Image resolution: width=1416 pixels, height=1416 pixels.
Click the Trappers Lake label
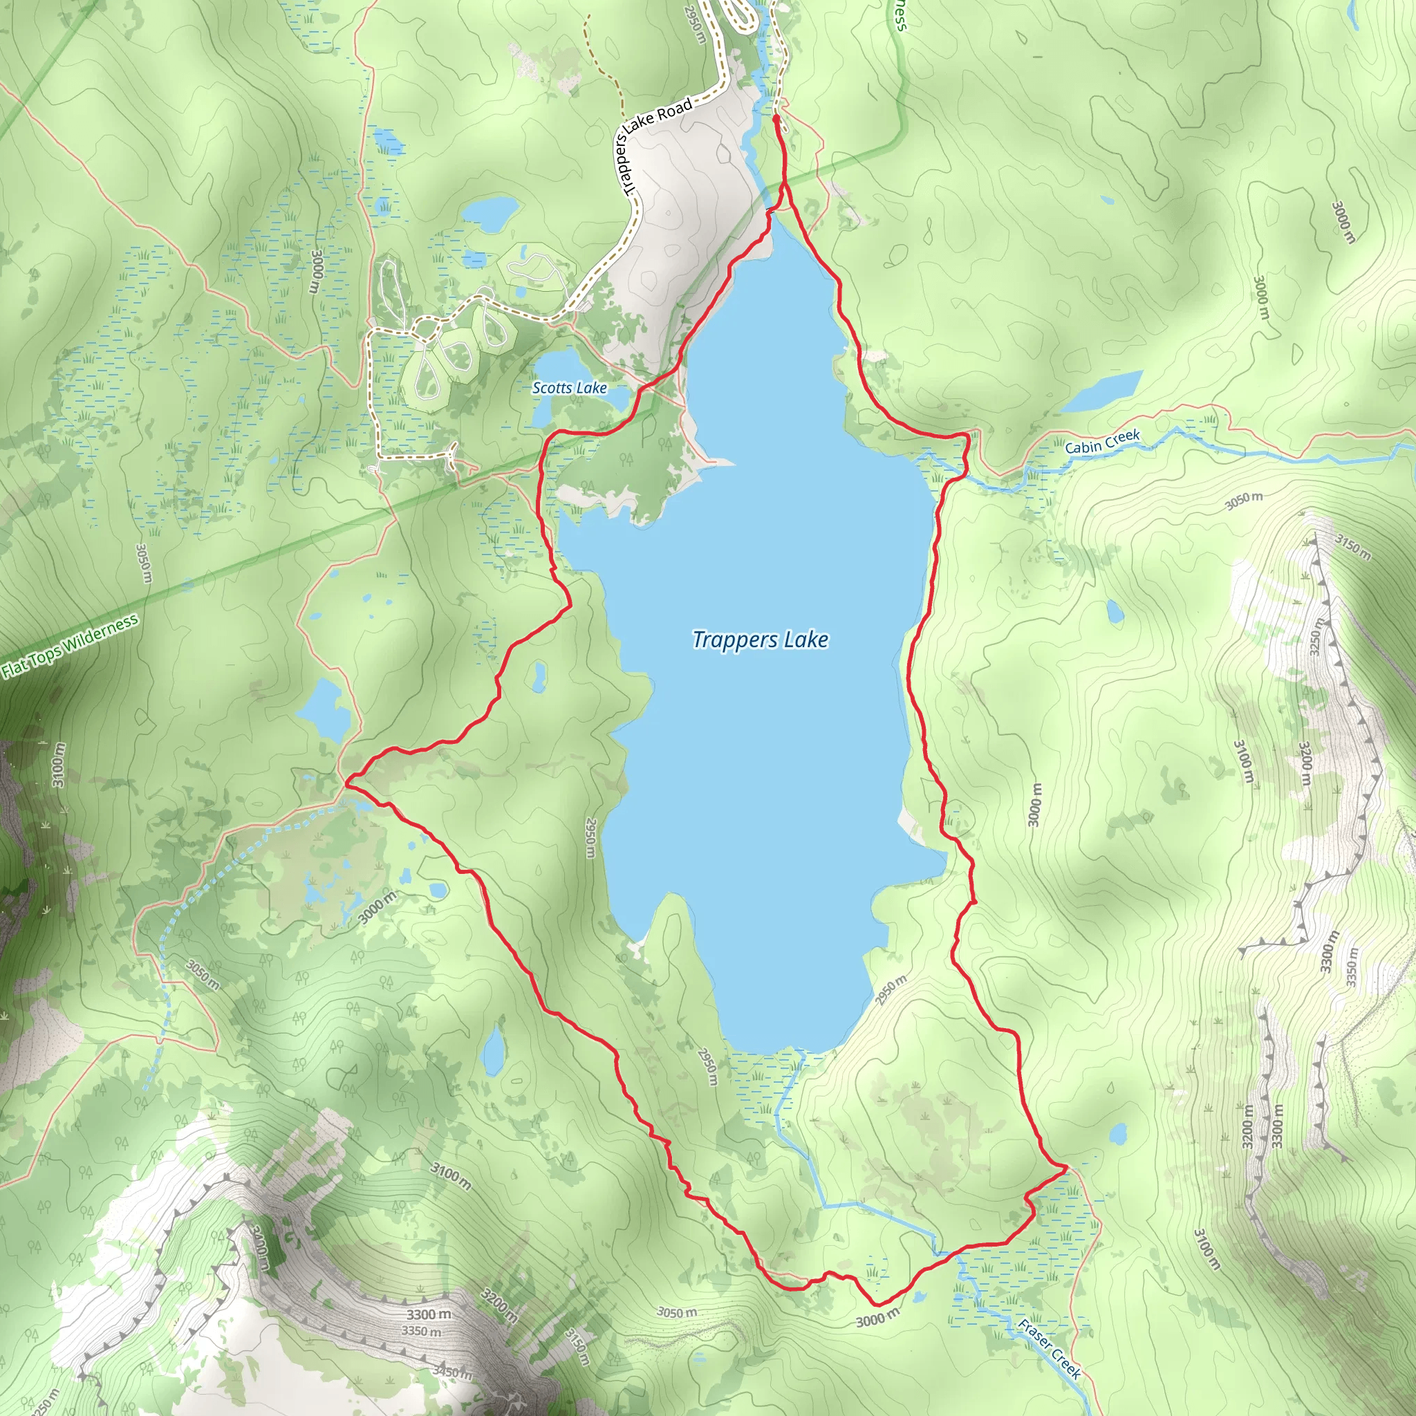pos(760,640)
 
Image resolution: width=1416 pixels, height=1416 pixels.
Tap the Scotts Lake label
pos(570,388)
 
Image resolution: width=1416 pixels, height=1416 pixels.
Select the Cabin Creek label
pos(1102,442)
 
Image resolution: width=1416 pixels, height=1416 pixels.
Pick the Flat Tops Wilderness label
pos(70,646)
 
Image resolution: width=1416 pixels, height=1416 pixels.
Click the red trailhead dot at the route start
pos(776,117)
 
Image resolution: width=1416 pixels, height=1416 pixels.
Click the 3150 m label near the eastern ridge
pos(1352,546)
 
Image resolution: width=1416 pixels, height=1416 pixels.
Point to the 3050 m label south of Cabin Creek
pos(1244,501)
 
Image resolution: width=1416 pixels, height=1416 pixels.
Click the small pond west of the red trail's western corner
pos(323,711)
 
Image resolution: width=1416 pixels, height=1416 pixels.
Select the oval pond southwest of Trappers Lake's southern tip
pos(492,1050)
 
